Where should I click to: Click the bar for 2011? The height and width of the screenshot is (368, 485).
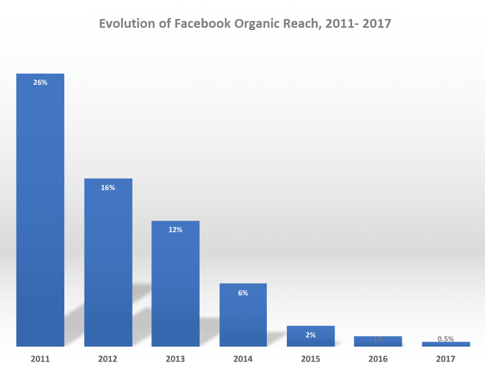point(40,210)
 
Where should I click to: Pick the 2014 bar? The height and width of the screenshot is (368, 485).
point(243,315)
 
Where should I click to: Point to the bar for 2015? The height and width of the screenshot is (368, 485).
point(311,336)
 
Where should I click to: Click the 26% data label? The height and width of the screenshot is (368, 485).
point(40,83)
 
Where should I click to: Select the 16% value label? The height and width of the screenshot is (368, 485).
point(108,188)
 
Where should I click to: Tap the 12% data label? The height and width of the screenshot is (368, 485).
point(175,230)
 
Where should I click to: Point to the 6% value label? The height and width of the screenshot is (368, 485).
point(243,293)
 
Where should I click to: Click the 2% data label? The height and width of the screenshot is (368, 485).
point(311,335)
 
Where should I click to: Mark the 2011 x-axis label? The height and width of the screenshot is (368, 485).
point(40,359)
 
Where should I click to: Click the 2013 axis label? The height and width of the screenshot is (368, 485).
point(175,359)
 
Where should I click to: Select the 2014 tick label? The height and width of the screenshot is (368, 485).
point(243,359)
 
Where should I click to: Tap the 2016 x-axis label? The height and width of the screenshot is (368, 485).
point(378,359)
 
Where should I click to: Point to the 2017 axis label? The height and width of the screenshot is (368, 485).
point(446,359)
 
